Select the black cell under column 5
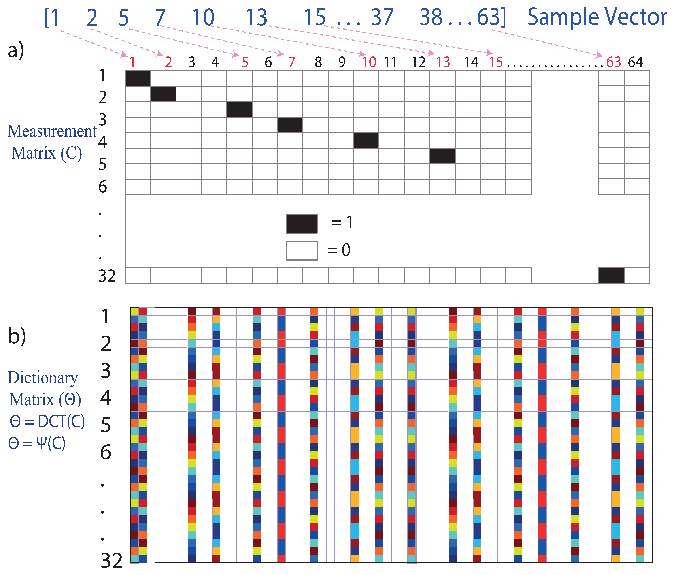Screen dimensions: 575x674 point(239,109)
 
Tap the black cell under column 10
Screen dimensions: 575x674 point(366,140)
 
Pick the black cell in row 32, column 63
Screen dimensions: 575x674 point(611,275)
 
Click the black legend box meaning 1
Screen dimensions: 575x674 point(302,224)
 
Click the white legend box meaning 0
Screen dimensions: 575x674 point(302,251)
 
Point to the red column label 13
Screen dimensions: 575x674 point(443,62)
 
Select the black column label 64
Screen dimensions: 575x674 point(635,62)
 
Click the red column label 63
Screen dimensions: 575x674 point(614,62)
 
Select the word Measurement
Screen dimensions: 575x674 point(52,131)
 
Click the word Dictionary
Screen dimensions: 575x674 point(43,378)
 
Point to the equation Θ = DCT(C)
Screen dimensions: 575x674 point(47,422)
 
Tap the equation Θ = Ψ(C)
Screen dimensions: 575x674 point(37,443)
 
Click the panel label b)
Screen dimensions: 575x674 point(17,336)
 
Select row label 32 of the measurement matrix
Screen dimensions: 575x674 point(107,276)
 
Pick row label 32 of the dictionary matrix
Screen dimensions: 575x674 point(111,560)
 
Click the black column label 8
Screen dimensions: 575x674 point(318,62)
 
